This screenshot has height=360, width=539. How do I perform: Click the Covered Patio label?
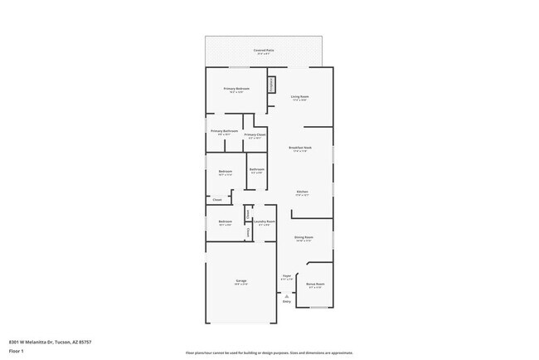pyautogui.click(x=265, y=51)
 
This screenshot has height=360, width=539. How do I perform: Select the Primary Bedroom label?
pyautogui.click(x=236, y=89)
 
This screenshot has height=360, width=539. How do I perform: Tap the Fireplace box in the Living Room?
pyautogui.click(x=270, y=85)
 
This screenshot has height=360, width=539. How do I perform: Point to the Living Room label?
pyautogui.click(x=299, y=97)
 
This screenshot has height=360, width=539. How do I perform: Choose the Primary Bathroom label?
pyautogui.click(x=224, y=131)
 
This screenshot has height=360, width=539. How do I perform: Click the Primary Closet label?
pyautogui.click(x=255, y=134)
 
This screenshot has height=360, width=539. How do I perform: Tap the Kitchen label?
pyautogui.click(x=302, y=192)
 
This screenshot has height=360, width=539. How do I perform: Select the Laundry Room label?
pyautogui.click(x=265, y=221)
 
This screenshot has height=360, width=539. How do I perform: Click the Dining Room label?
pyautogui.click(x=303, y=237)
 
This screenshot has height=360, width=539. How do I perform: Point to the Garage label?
pyautogui.click(x=240, y=282)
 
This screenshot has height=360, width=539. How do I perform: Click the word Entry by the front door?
pyautogui.click(x=287, y=302)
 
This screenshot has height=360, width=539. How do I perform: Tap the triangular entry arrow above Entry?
pyautogui.click(x=287, y=295)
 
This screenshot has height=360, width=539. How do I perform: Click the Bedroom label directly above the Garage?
pyautogui.click(x=225, y=221)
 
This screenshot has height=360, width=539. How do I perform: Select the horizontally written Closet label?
pyautogui.click(x=216, y=200)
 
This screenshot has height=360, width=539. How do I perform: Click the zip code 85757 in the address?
pyautogui.click(x=84, y=340)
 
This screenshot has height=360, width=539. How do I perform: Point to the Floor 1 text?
pyautogui.click(x=17, y=352)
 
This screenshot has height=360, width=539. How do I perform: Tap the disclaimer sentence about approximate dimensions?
pyautogui.click(x=269, y=353)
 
